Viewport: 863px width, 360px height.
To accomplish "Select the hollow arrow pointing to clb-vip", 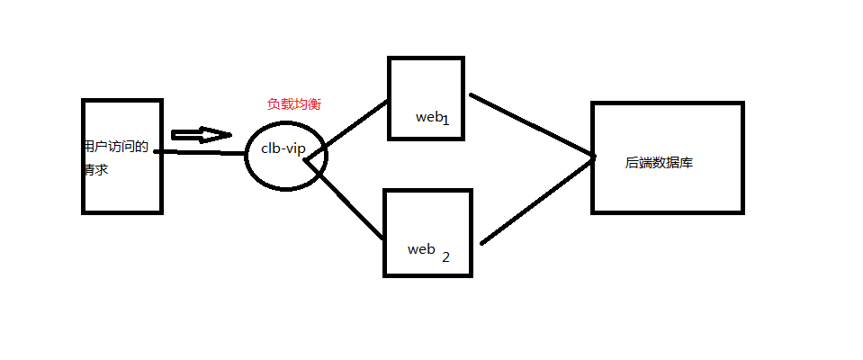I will [201, 135].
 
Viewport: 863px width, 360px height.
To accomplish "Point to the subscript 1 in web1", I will [445, 121].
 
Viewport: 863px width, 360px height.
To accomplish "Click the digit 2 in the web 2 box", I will [445, 256].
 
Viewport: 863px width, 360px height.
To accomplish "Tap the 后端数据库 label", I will [658, 164].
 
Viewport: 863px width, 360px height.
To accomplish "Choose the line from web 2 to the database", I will [538, 200].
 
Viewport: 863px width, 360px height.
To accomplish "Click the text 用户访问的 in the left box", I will [115, 146].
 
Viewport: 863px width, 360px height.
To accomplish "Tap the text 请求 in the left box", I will [95, 169].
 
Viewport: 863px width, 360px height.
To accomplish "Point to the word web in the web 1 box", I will [427, 117].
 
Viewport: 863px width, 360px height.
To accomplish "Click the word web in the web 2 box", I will [422, 248].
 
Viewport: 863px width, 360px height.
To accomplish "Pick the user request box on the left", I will [121, 193].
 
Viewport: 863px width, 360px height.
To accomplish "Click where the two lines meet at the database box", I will [594, 157].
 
